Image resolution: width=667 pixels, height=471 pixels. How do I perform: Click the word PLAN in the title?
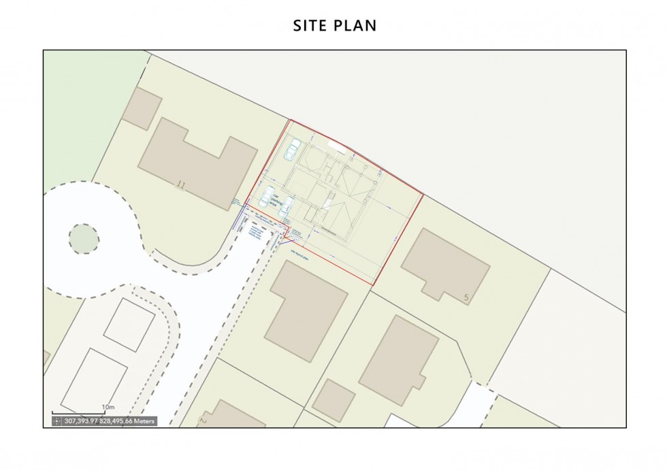click(357, 26)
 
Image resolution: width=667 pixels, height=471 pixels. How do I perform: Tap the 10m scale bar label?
click(108, 408)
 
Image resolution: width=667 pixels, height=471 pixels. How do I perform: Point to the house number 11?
click(180, 184)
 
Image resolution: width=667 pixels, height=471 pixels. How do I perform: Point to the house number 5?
click(466, 297)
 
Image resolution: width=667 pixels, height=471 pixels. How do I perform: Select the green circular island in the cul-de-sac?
click(84, 238)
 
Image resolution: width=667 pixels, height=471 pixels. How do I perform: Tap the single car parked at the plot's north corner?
click(293, 150)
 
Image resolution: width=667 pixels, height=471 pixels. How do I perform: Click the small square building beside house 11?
click(142, 108)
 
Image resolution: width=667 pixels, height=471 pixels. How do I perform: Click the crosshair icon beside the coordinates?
click(57, 421)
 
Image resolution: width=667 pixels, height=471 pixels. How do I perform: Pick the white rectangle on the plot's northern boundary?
click(336, 145)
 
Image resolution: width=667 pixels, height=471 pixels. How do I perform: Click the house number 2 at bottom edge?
click(202, 421)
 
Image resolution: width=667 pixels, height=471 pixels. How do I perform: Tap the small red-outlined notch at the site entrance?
click(288, 233)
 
